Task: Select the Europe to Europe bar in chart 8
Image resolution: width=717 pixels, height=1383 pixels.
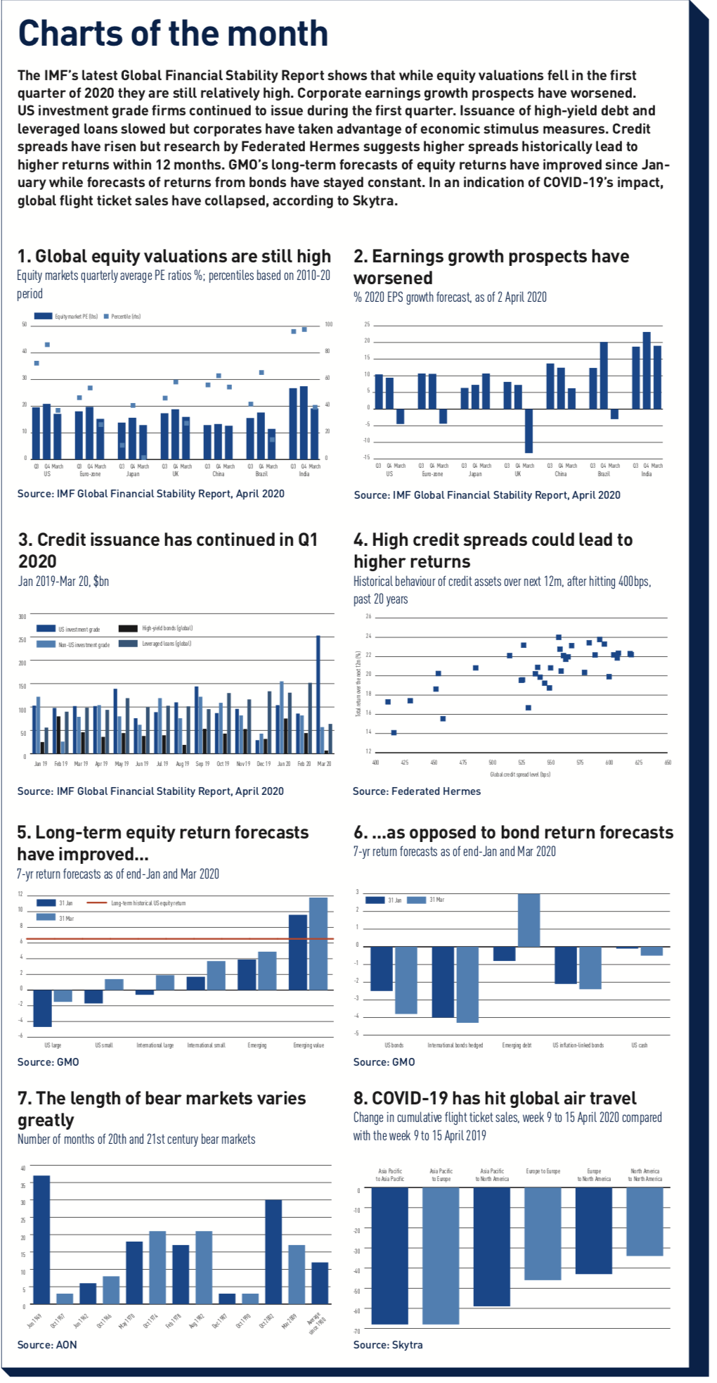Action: [x=543, y=1233]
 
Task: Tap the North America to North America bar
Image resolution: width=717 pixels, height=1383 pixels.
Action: [x=645, y=1221]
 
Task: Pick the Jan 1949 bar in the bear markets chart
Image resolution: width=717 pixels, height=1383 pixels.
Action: [x=41, y=1239]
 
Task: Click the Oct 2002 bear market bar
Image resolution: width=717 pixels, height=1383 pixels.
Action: [x=273, y=1251]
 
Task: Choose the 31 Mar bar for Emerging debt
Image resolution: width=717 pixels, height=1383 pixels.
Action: [x=529, y=920]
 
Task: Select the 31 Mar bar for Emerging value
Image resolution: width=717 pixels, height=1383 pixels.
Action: [x=318, y=943]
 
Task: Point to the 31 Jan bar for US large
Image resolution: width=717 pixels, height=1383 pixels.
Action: [x=43, y=1007]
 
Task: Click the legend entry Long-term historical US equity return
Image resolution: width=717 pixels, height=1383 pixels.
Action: [x=148, y=903]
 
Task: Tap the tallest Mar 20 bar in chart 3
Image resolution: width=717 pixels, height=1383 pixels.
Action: [x=318, y=694]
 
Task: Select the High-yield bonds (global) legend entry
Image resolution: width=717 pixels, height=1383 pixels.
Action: [x=167, y=628]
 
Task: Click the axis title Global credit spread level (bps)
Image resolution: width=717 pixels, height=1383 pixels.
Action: [x=520, y=775]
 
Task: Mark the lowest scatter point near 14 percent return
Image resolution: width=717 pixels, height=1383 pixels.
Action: [x=394, y=732]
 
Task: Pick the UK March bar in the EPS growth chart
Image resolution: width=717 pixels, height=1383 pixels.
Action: [x=529, y=431]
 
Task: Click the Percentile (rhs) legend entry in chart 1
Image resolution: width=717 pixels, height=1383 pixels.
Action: [x=125, y=317]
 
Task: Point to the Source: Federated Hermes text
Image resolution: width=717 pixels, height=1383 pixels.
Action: [x=417, y=791]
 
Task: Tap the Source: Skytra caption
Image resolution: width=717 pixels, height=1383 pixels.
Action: [x=388, y=1345]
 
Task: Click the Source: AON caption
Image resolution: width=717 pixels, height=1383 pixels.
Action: [x=47, y=1345]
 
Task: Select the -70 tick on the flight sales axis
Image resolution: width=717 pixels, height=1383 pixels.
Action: [x=357, y=1331]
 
